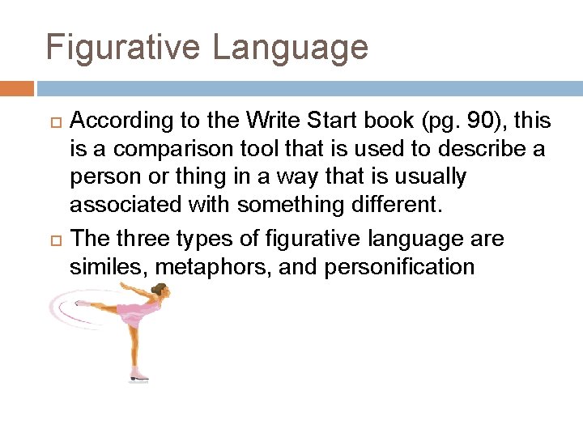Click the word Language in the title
[x=291, y=48]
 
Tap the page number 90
[x=462, y=121]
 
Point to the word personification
[x=399, y=267]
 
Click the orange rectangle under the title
[x=17, y=88]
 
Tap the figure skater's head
[x=160, y=290]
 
